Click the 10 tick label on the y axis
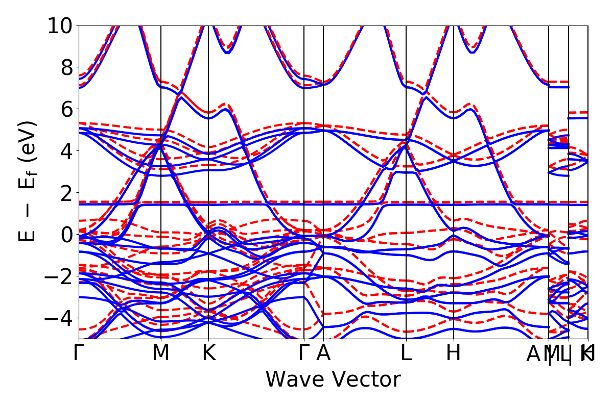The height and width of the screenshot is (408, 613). [61, 25]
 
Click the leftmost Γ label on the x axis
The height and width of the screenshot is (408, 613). [79, 353]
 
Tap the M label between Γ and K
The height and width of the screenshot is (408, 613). [161, 353]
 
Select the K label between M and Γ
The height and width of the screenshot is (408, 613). [208, 353]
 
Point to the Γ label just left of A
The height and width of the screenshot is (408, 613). [304, 353]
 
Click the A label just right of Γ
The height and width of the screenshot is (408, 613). [323, 353]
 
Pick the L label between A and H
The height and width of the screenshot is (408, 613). [406, 353]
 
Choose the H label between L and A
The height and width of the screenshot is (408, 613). [454, 353]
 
